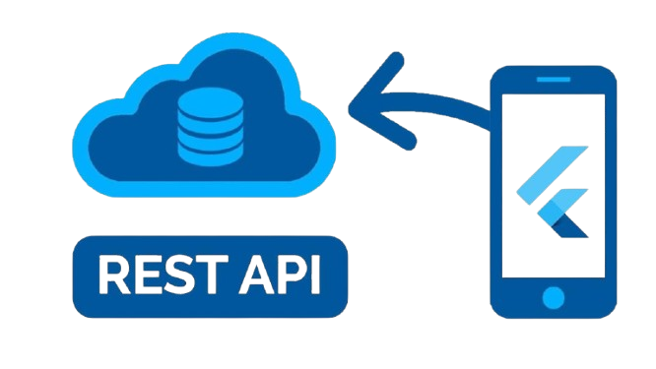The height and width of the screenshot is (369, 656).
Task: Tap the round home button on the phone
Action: [x=554, y=296]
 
